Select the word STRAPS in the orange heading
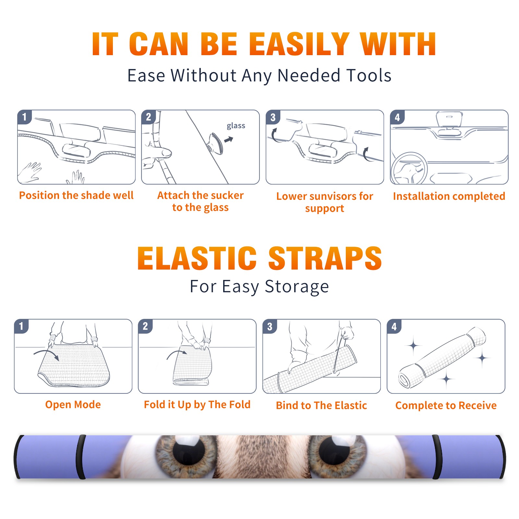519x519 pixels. coord(325,258)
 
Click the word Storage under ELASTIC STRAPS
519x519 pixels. coord(297,287)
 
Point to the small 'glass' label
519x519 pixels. coord(236,126)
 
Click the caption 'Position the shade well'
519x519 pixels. coord(76,195)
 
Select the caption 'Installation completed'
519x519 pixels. coord(449,196)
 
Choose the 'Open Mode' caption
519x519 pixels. coord(73,404)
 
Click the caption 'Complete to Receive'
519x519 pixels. coord(446,405)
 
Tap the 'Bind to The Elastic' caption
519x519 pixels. coord(321,405)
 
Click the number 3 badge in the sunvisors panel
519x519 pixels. coord(273,117)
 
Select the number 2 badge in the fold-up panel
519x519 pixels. coord(145,326)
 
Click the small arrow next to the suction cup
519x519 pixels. coord(229,139)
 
